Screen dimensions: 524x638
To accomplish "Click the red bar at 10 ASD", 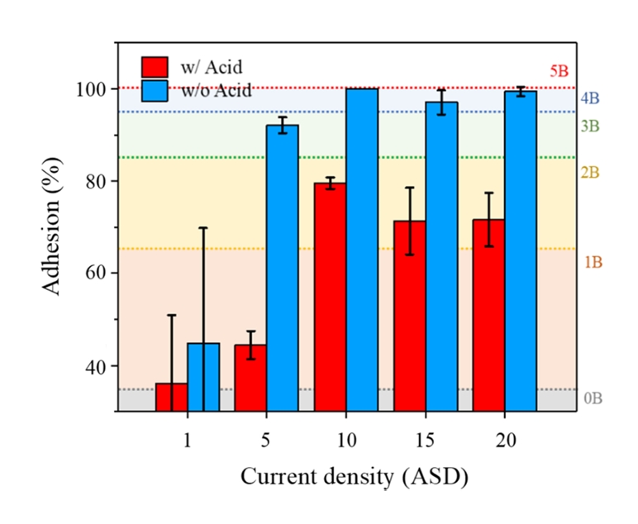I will coord(330,298).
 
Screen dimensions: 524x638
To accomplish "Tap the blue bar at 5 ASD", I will coord(282,268).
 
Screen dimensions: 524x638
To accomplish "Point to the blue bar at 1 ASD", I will coord(203,377).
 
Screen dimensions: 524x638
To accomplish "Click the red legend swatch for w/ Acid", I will coord(155,67).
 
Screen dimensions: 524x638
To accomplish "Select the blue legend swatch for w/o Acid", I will coord(155,90).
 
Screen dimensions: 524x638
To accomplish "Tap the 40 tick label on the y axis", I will coord(98,366).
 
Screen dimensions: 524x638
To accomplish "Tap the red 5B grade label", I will coord(559,71).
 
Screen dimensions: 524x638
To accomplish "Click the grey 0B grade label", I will coord(593,398).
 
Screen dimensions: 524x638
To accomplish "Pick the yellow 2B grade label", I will coord(590,173).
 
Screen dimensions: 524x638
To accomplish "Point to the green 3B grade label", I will coord(590,126).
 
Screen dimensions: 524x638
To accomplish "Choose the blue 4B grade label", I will coord(590,98).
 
